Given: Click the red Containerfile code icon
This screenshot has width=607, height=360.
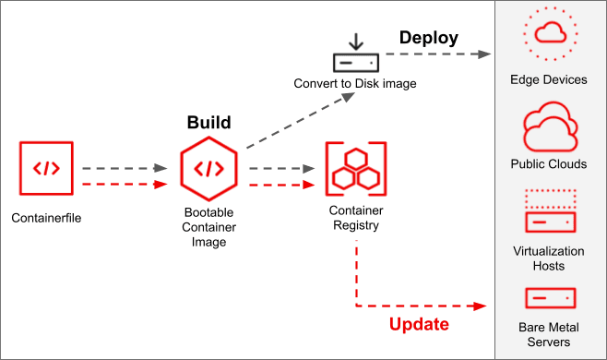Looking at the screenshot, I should pyautogui.click(x=46, y=169).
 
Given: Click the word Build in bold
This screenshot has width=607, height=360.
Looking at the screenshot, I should pyautogui.click(x=208, y=123).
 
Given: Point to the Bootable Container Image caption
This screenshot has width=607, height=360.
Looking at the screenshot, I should pyautogui.click(x=208, y=226).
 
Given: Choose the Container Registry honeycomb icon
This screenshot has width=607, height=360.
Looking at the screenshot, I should pyautogui.click(x=355, y=168).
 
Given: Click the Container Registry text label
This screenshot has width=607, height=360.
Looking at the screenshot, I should pyautogui.click(x=354, y=218).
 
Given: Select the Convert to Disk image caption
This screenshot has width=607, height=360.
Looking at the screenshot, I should pyautogui.click(x=355, y=84).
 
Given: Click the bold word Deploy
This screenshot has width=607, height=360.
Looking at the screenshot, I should pyautogui.click(x=428, y=38).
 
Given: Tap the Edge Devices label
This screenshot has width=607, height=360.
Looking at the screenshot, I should pyautogui.click(x=549, y=79).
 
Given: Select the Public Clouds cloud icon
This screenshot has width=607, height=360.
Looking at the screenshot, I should pyautogui.click(x=549, y=128).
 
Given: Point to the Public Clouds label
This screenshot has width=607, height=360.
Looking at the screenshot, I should pyautogui.click(x=549, y=164).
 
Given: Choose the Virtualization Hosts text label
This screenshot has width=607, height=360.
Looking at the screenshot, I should pyautogui.click(x=549, y=258).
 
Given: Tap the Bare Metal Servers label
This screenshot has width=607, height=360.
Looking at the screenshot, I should pyautogui.click(x=549, y=334).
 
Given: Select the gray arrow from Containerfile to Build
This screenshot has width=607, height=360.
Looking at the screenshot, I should pyautogui.click(x=123, y=169).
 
